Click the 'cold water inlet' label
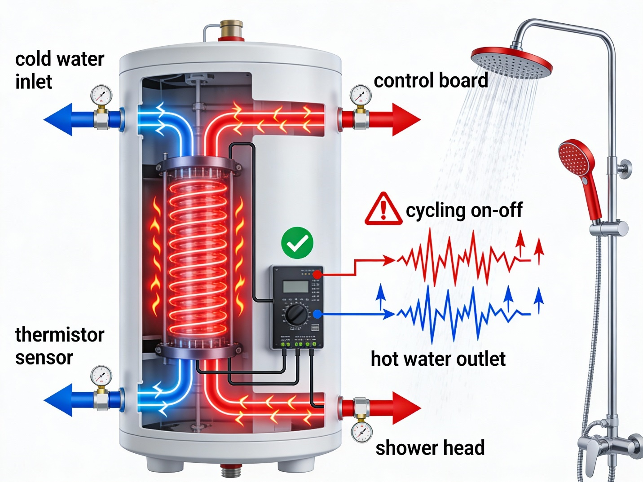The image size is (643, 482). click(x=59, y=70)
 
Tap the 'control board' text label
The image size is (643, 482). click(x=431, y=81)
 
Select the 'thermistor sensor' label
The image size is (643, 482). click(x=59, y=346)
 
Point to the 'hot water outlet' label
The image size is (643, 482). click(x=438, y=359)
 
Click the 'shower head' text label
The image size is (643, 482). click(x=430, y=448)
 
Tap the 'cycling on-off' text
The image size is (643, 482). click(x=464, y=210)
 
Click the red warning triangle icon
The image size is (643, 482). click(x=383, y=209)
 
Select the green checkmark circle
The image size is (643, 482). click(x=297, y=243)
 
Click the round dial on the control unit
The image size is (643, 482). click(x=296, y=315)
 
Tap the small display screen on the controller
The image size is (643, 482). click(x=296, y=286)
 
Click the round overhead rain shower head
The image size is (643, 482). click(x=511, y=62)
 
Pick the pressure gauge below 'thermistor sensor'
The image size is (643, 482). click(x=101, y=376)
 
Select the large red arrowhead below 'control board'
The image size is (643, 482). click(x=406, y=119)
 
